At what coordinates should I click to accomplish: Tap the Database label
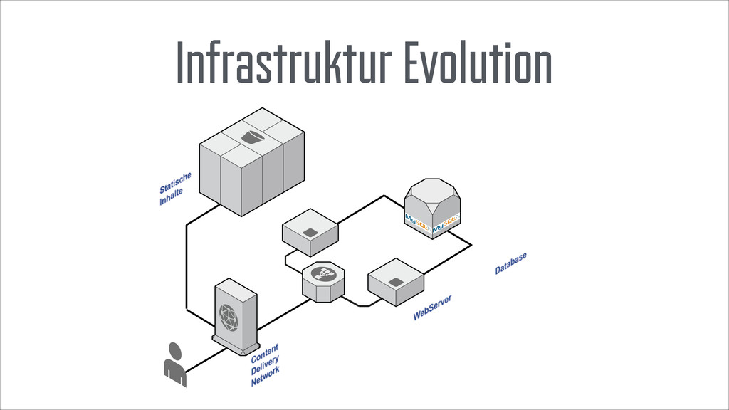point(511,263)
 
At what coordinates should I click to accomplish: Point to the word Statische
point(174,182)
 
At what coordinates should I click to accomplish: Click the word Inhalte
point(171,196)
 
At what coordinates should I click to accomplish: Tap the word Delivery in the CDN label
point(265,363)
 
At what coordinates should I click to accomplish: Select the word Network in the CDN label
point(266,375)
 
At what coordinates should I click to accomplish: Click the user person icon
point(174,363)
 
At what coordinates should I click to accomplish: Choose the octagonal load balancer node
point(323,280)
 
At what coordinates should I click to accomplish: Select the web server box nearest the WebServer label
point(396,280)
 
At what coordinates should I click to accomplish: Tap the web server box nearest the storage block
point(310,231)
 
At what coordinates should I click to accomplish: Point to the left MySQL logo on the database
point(417,218)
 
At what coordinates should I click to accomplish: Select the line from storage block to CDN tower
point(187,263)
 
